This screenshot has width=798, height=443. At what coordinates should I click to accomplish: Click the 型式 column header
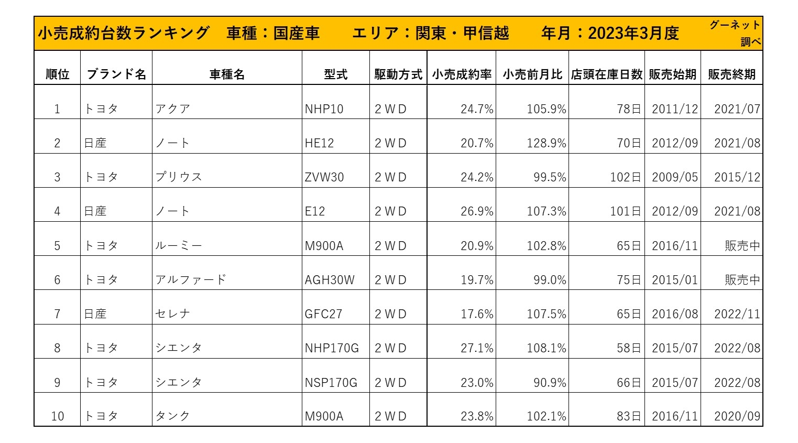(335, 74)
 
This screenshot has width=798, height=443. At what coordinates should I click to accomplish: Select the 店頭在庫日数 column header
(606, 74)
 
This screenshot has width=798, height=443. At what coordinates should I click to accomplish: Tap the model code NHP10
(324, 109)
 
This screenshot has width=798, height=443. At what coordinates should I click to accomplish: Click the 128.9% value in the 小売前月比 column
(546, 143)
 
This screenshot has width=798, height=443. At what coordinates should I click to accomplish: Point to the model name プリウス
(179, 177)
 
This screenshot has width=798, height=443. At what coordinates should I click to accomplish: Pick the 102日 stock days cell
(625, 177)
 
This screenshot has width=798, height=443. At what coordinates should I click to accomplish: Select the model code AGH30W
(330, 280)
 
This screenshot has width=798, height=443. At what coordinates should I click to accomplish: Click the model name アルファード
(190, 280)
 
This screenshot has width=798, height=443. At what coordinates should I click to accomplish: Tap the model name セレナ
(173, 314)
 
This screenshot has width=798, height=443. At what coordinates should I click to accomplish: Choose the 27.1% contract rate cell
(477, 348)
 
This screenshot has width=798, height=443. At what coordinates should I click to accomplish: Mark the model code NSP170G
(331, 383)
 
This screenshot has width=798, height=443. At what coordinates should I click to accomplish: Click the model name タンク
(173, 416)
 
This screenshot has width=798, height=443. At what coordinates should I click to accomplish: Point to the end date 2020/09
(737, 416)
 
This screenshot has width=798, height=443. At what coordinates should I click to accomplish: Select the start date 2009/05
(674, 177)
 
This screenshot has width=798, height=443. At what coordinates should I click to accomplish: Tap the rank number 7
(57, 314)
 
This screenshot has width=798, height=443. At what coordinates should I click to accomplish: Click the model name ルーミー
(179, 246)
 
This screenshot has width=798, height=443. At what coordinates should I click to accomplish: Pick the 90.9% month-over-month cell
(550, 383)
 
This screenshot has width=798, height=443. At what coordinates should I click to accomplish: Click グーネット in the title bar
(734, 25)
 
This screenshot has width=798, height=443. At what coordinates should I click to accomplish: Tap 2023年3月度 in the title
(633, 34)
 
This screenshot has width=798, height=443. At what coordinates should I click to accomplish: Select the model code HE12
(319, 143)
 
